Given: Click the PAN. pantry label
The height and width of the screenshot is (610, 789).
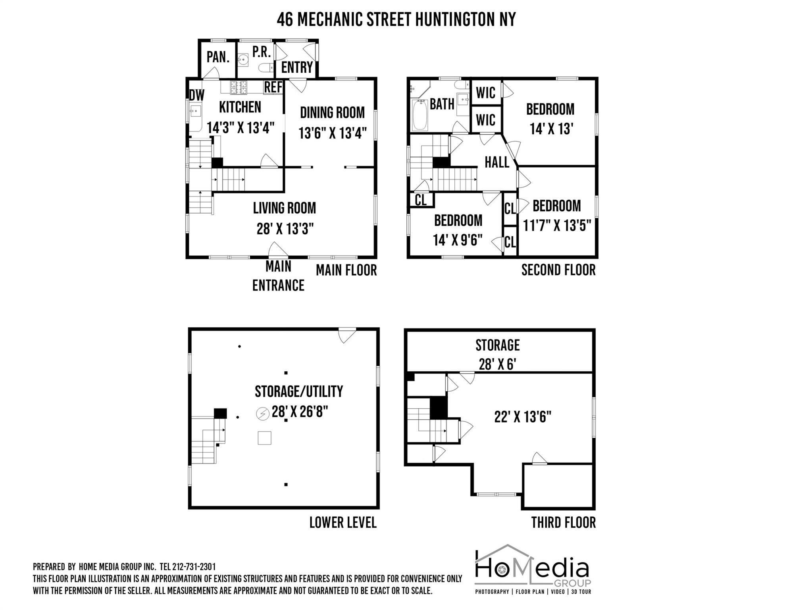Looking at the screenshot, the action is [218, 57].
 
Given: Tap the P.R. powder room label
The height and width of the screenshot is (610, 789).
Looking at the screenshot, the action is [262, 52].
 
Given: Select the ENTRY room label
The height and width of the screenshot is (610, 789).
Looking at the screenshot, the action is [297, 68].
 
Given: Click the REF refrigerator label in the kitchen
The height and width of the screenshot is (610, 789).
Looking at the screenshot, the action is [273, 87].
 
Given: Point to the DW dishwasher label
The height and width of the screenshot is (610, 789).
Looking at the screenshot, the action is [196, 95].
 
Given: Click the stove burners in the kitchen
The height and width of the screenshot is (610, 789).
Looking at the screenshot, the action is [239, 87].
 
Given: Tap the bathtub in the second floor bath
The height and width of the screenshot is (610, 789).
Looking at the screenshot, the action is [420, 115].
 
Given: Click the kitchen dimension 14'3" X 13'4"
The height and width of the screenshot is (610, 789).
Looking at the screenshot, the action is [241, 128].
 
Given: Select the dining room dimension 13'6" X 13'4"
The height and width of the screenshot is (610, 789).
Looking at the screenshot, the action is [333, 133].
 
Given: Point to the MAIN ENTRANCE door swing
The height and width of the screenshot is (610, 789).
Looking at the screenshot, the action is [278, 249].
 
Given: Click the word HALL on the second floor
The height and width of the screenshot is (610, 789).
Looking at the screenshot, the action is [497, 162].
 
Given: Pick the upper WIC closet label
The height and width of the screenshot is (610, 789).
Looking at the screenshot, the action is [486, 93].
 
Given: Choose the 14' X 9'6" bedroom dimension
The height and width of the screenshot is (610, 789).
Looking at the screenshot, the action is [458, 240].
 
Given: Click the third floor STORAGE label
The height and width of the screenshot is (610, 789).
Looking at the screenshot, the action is [498, 345].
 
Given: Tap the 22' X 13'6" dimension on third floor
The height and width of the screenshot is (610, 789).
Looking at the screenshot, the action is [523, 417].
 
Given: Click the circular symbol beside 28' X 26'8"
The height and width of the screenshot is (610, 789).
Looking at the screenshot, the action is [262, 414].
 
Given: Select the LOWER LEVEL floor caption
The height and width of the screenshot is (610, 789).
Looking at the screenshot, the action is [343, 523].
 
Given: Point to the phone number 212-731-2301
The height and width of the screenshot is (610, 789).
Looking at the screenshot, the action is [194, 567].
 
